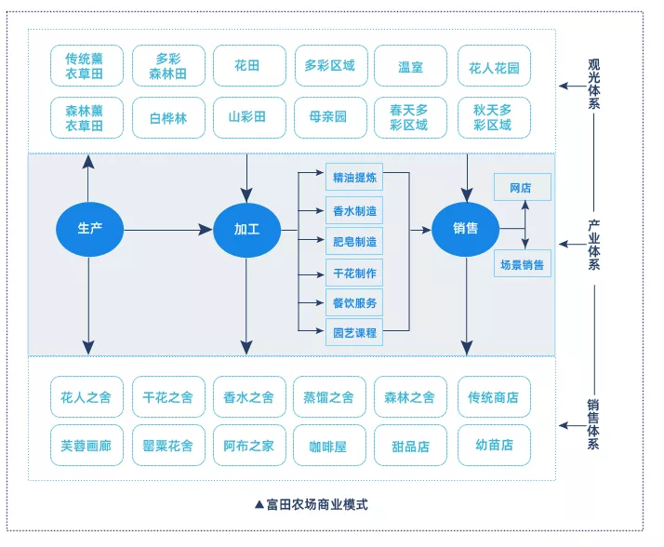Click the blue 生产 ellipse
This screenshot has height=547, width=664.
point(89,229)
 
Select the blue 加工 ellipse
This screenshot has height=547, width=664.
point(246,229)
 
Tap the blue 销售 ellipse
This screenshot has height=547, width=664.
point(465,229)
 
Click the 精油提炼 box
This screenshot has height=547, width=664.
point(354,177)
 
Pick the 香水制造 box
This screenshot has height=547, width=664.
point(354,211)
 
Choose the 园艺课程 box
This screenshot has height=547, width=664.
point(354,332)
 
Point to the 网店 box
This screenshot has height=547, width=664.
point(522,188)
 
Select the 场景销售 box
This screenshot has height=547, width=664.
point(522,264)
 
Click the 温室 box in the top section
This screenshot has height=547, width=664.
point(410,66)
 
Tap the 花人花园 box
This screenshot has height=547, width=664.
point(494,66)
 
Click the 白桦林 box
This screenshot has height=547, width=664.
point(167,118)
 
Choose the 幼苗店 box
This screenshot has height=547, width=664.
point(494,446)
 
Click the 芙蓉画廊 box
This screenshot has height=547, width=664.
point(86,446)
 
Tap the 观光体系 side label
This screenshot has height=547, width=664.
point(593,86)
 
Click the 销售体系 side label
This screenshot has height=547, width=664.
point(592,425)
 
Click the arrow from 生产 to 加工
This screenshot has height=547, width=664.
point(167,229)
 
